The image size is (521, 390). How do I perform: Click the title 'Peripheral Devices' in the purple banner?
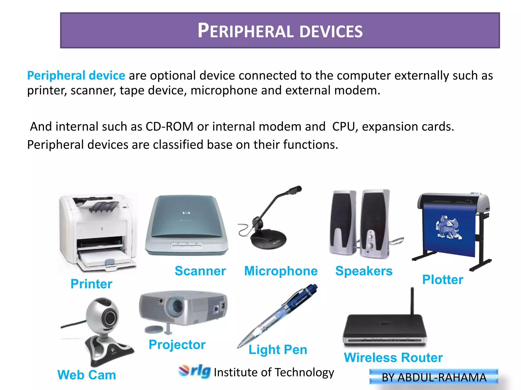click(280, 31)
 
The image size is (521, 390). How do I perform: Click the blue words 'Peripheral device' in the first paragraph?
click(76, 75)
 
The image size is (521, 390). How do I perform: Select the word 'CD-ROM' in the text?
click(169, 126)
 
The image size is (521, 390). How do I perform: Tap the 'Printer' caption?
click(91, 284)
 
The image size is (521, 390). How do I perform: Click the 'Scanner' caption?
click(200, 271)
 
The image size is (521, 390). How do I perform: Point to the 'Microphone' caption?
click(281, 271)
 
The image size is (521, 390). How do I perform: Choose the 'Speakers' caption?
click(364, 271)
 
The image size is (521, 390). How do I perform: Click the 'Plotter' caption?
click(443, 280)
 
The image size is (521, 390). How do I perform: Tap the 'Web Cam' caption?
click(87, 375)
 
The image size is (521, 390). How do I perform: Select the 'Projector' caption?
click(177, 345)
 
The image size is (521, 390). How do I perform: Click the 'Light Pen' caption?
click(278, 350)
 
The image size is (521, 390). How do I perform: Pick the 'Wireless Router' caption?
click(393, 357)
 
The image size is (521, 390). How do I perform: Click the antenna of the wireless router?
click(412, 301)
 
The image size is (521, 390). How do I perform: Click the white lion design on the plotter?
click(448, 227)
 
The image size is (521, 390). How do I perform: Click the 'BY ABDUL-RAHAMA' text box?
click(434, 377)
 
